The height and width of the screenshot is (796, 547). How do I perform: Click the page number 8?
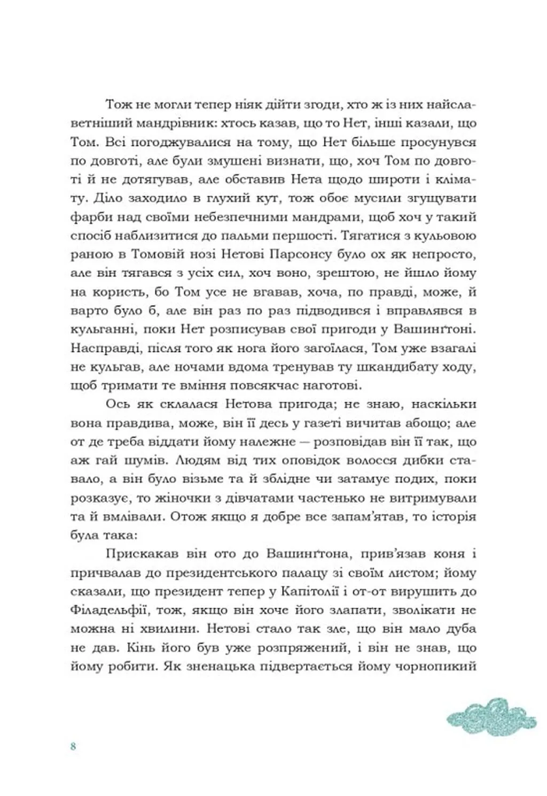[73, 747]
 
